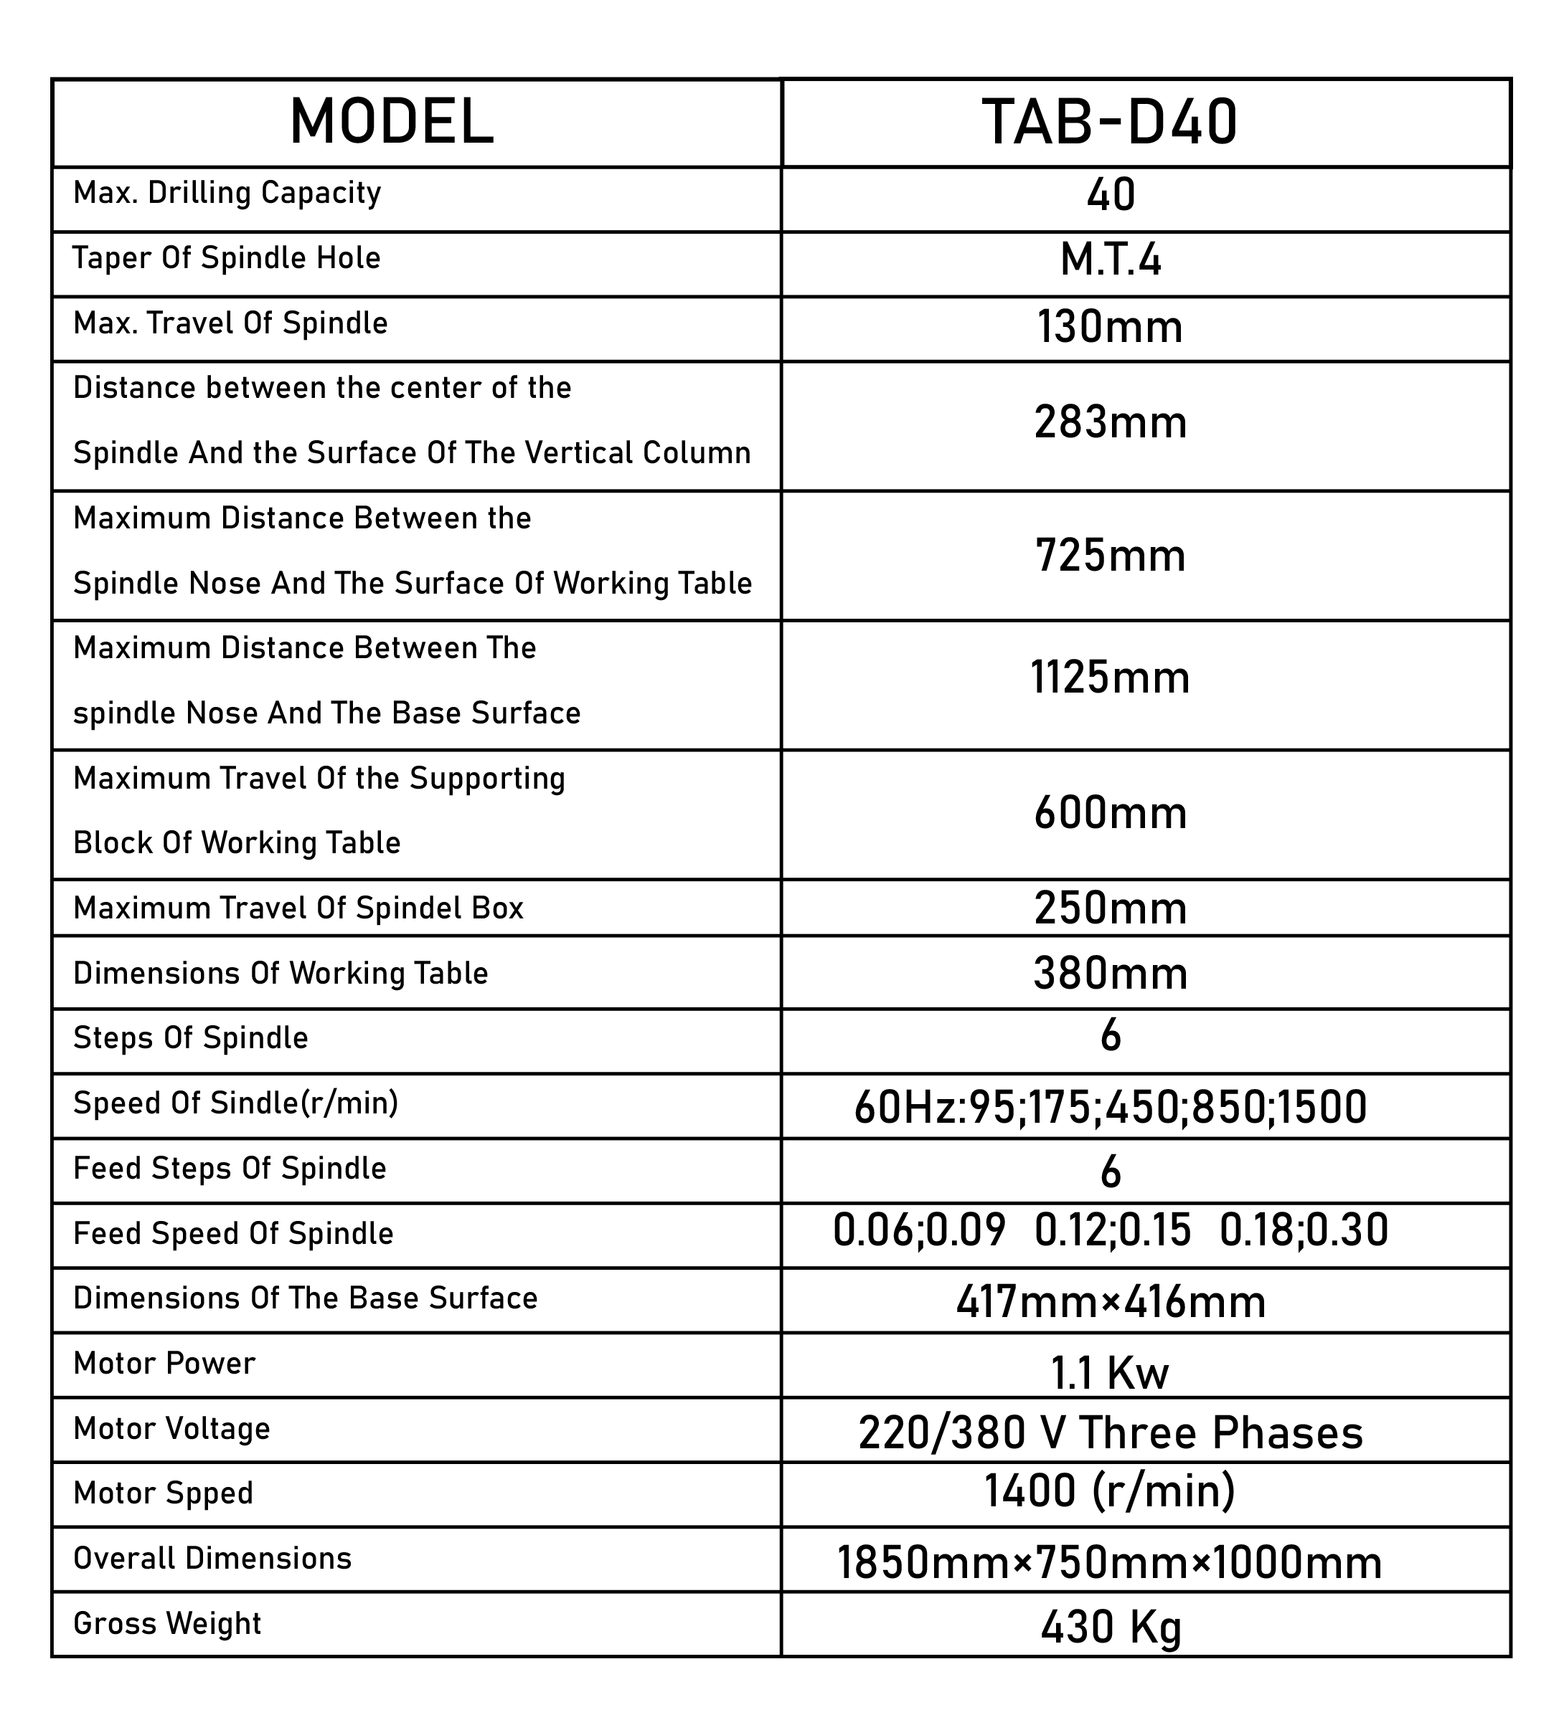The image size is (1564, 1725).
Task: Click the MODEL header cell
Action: coord(391,123)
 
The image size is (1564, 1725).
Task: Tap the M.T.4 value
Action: coord(1111,261)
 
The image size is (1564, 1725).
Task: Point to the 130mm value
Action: coord(1111,327)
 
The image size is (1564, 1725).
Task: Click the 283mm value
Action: coord(1111,423)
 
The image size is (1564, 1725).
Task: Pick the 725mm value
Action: coord(1111,556)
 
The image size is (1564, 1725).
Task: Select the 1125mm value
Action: coord(1111,678)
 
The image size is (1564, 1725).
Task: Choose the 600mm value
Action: coord(1111,813)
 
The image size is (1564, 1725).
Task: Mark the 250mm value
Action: coord(1111,908)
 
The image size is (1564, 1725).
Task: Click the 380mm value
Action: coord(1111,974)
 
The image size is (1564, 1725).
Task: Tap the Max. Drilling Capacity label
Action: coord(227,194)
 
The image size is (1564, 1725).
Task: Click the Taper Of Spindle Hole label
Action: coord(226,258)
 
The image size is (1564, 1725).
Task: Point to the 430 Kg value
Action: coord(1111,1627)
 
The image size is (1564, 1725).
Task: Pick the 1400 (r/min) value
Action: coord(1111,1491)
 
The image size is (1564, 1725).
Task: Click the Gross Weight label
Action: coord(167,1623)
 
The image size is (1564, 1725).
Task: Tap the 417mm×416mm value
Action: coord(1111,1302)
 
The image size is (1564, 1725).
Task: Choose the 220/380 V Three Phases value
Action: coord(1111,1433)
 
